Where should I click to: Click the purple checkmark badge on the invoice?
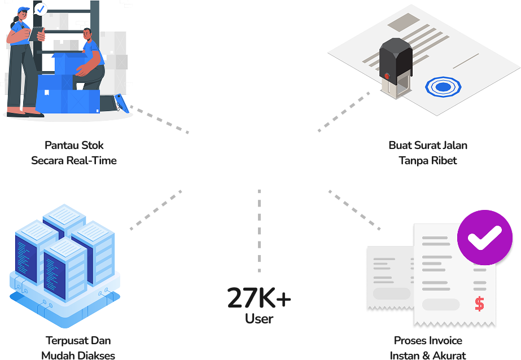coord(485,238)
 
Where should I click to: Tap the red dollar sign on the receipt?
coord(479,304)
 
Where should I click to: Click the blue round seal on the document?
coord(443,87)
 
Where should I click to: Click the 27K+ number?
coord(259,298)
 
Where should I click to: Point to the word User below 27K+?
coord(259,319)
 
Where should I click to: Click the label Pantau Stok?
coord(74,146)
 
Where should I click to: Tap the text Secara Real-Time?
coord(74,161)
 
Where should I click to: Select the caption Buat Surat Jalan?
coord(428,146)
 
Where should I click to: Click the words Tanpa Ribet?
coord(428,161)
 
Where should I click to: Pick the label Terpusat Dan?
coord(78,341)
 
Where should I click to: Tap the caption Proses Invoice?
coord(428,341)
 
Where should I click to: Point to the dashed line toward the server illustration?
coord(156,210)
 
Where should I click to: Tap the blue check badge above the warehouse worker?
coord(41,9)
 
